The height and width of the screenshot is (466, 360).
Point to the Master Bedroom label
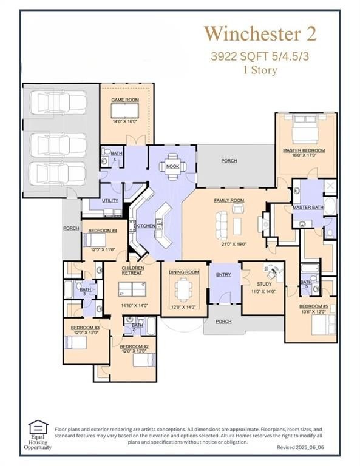[304, 150]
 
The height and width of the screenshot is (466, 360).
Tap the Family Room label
[229, 200]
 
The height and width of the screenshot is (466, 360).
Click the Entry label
[223, 275]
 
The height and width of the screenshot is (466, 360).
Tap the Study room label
[263, 284]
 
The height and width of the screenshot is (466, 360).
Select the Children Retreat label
[132, 270]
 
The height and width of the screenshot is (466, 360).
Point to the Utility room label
[110, 200]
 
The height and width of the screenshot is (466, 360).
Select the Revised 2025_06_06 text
[301, 447]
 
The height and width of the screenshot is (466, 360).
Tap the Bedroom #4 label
[103, 231]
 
